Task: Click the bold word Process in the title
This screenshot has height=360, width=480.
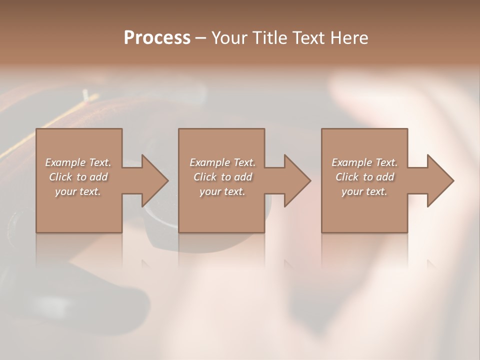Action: click(x=157, y=38)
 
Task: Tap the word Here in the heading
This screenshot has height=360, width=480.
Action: click(x=349, y=38)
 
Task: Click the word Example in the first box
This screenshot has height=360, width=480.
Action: click(x=64, y=162)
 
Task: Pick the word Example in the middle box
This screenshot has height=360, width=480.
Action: click(x=209, y=162)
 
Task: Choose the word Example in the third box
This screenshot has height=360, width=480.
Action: click(x=351, y=162)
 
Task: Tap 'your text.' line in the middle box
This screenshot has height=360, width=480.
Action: click(x=222, y=191)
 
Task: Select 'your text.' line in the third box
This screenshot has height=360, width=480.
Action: click(x=364, y=191)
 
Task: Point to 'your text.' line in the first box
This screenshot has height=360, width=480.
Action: click(x=77, y=191)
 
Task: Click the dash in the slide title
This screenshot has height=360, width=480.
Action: click(x=200, y=38)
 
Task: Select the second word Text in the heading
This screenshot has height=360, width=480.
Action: click(x=309, y=38)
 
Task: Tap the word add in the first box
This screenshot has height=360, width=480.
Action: click(x=98, y=177)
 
